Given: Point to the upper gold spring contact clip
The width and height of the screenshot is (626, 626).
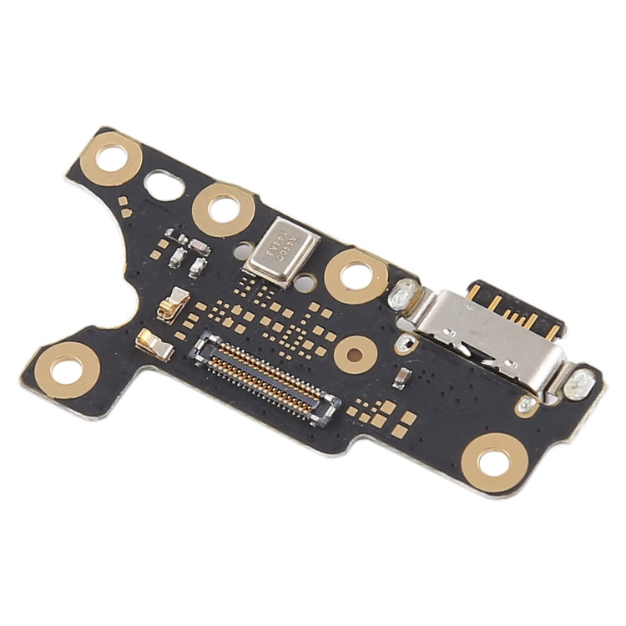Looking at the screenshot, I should tap(176, 302).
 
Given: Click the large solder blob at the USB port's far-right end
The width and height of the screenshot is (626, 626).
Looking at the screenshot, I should tap(578, 385).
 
